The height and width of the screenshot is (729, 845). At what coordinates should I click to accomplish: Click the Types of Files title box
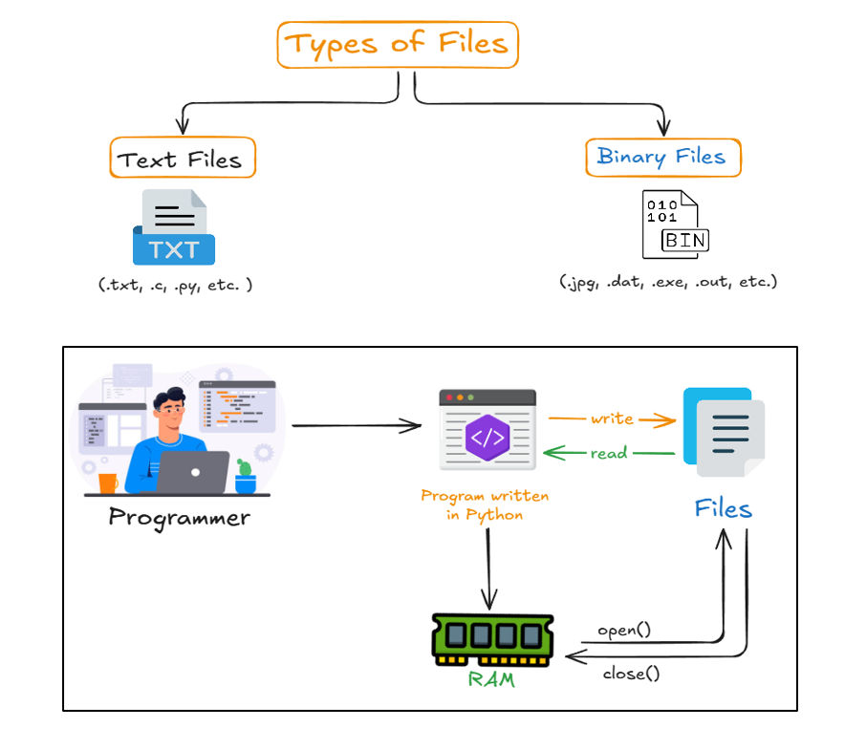pyautogui.click(x=397, y=45)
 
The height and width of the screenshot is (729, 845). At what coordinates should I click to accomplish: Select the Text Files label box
pyautogui.click(x=183, y=159)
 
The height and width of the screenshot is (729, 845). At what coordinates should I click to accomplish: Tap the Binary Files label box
pyautogui.click(x=662, y=157)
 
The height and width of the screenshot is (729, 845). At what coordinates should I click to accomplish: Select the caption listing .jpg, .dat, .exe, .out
pyautogui.click(x=668, y=282)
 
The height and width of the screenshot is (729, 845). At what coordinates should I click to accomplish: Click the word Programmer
pyautogui.click(x=179, y=518)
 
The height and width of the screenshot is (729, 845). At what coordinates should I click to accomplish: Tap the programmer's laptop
pyautogui.click(x=192, y=472)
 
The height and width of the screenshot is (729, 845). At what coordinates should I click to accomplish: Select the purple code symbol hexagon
pyautogui.click(x=487, y=438)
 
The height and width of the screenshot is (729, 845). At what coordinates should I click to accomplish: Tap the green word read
pyautogui.click(x=608, y=453)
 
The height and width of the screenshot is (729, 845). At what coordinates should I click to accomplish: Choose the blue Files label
pyautogui.click(x=723, y=507)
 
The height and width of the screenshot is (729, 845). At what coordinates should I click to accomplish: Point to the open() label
pyautogui.click(x=623, y=631)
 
